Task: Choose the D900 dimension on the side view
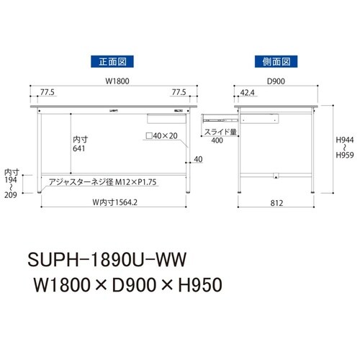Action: tap(276, 81)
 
